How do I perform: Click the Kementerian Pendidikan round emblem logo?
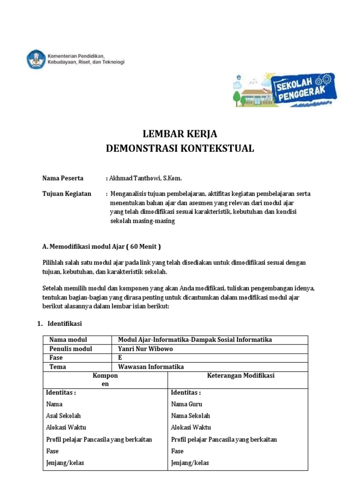pyautogui.click(x=36, y=59)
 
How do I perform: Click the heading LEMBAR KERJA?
pyautogui.click(x=180, y=134)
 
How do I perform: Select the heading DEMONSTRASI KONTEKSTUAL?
pyautogui.click(x=180, y=149)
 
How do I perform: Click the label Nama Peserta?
pyautogui.click(x=63, y=178)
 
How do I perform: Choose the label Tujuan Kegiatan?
pyautogui.click(x=67, y=194)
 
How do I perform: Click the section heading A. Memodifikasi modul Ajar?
pyautogui.click(x=101, y=246)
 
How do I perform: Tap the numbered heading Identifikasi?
pyautogui.click(x=66, y=323)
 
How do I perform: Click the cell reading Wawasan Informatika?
pyautogui.click(x=151, y=367)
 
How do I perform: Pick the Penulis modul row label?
pyautogui.click(x=70, y=349)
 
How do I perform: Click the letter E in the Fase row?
pyautogui.click(x=120, y=358)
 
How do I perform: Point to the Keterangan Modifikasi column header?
pyautogui.click(x=240, y=375)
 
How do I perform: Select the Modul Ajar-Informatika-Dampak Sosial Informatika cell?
pyautogui.click(x=195, y=340)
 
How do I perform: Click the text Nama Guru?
pyautogui.click(x=187, y=404)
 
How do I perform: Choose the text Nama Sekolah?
pyautogui.click(x=190, y=416)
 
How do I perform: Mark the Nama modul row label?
pyautogui.click(x=68, y=340)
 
